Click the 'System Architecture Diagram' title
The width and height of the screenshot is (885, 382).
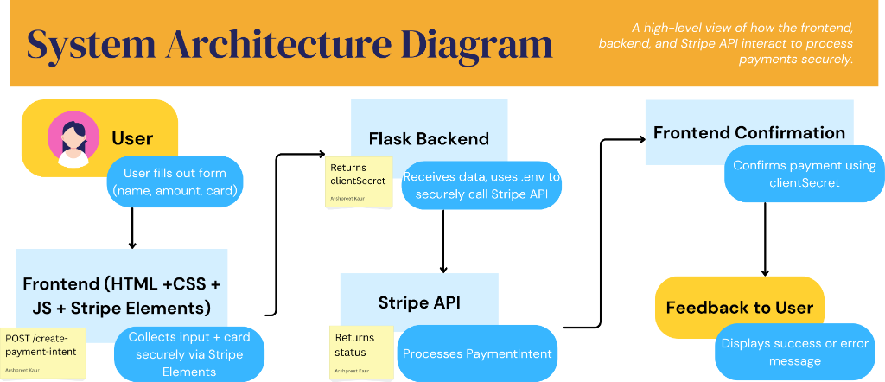point(289,44)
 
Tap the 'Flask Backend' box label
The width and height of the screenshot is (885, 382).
point(429,138)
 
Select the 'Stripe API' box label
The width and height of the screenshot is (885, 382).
point(419,302)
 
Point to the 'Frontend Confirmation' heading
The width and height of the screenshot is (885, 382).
point(749,132)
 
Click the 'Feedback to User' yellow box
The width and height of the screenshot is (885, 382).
point(739,308)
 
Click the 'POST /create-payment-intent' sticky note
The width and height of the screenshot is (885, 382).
point(45,353)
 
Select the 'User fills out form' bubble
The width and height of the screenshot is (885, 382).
point(175,181)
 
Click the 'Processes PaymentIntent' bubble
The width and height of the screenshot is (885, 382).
point(476,353)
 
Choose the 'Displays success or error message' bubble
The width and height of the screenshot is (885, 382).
point(794,352)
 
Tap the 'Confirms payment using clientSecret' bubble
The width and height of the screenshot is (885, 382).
point(804,173)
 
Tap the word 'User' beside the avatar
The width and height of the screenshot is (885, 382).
point(132,138)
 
